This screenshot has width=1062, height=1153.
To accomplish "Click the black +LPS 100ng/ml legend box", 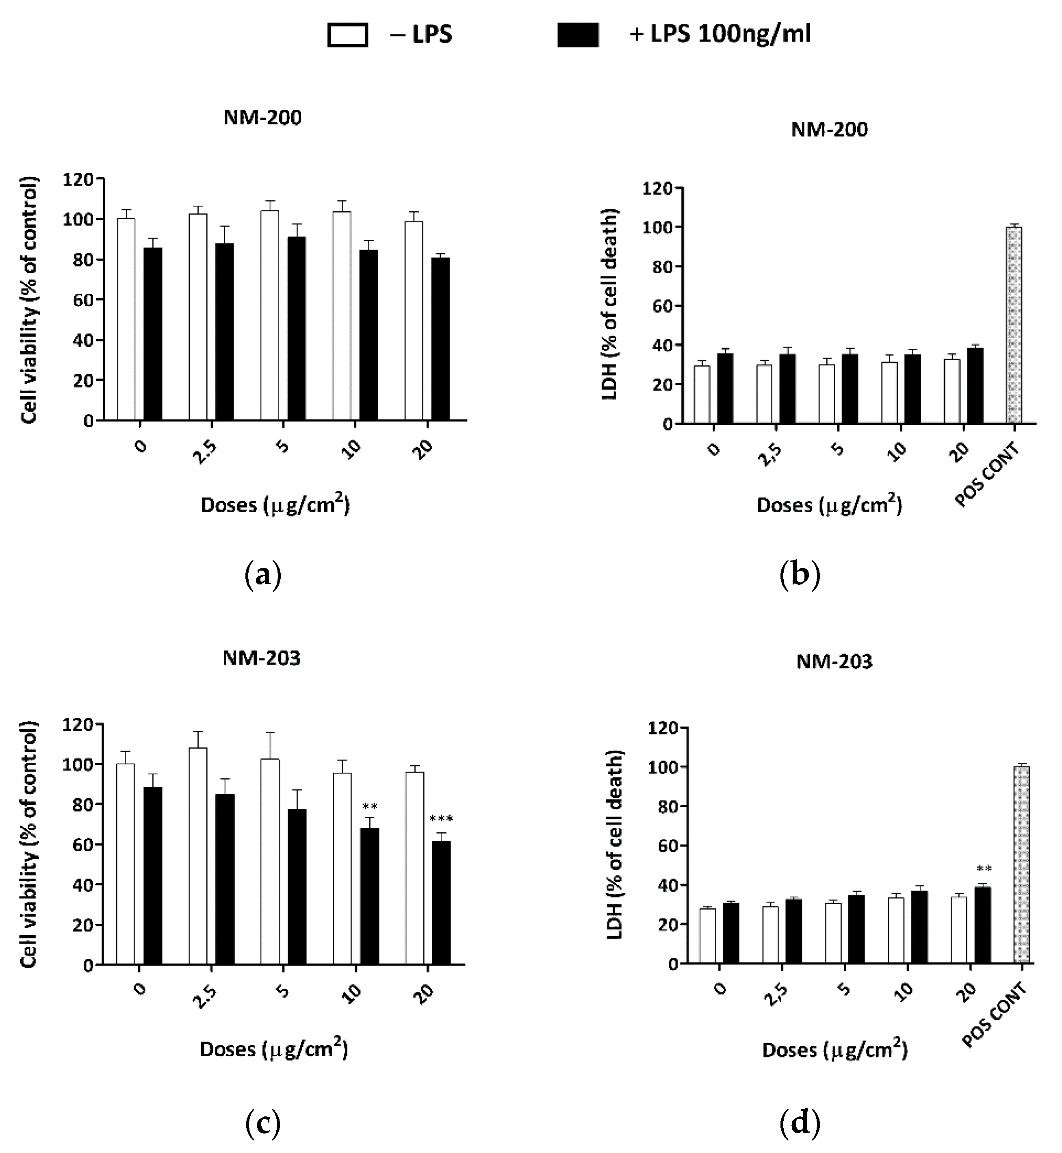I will click(578, 35).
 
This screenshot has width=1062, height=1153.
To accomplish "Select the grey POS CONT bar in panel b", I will click(1014, 325).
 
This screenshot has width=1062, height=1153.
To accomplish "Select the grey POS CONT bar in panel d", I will click(1021, 865).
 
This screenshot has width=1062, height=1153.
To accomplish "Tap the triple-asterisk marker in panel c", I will click(441, 819).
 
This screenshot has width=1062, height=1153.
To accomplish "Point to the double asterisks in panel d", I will click(984, 869).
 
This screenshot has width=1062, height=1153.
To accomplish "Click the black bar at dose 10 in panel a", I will click(369, 335).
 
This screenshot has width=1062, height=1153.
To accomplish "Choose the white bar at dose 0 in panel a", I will click(126, 319).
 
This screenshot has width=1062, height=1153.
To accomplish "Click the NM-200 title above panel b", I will click(829, 129).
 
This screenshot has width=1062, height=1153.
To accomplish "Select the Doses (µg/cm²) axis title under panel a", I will click(275, 505).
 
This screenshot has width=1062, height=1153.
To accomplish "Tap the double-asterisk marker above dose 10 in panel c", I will click(370, 806).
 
